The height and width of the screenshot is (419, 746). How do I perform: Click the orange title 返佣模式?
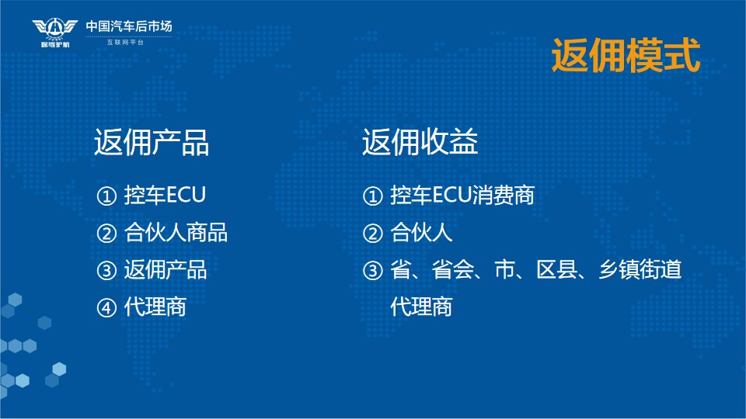coord(626,56)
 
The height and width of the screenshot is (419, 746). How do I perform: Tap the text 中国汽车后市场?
coord(129,26)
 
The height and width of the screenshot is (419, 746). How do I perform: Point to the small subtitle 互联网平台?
coord(125,42)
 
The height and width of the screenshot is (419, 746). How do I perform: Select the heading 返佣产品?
coord(152,142)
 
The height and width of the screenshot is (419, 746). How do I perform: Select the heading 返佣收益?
coord(420,142)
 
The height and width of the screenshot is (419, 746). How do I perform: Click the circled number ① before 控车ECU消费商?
coord(372,196)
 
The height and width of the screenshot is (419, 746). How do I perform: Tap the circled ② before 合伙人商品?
coord(106,234)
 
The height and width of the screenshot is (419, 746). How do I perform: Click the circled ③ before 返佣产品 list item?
coord(106,270)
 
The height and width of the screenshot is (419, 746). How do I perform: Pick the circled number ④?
coord(106,307)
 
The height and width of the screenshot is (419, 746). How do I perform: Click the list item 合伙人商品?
coord(176,233)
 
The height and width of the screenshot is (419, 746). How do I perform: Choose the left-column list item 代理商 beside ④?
coord(155,307)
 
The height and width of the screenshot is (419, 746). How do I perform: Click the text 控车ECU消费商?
coord(462,196)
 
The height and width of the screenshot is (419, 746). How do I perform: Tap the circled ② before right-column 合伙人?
coord(372,234)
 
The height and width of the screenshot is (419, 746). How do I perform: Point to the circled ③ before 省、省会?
coord(372,270)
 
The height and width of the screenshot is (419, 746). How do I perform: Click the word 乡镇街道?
coord(640,269)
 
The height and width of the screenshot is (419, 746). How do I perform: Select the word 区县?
coord(556,269)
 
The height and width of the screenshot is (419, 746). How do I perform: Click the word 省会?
coord(452,269)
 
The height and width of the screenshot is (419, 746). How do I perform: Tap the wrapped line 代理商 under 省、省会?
coord(421,307)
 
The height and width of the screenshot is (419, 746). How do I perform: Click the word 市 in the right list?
coord(505,269)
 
